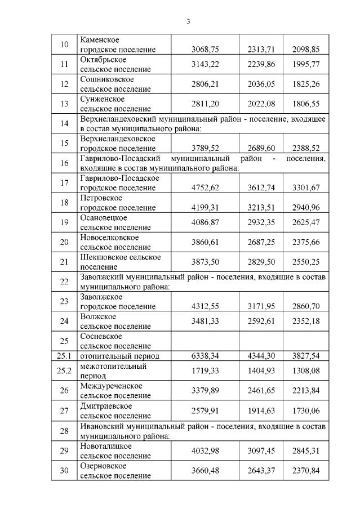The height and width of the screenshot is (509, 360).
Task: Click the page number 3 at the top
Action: [x=188, y=22]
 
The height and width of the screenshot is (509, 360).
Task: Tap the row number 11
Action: [x=64, y=64]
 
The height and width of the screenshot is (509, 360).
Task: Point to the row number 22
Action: [x=64, y=282]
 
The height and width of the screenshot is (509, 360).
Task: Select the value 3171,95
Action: [x=261, y=306]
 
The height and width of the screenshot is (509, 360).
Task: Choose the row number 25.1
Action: [x=64, y=356]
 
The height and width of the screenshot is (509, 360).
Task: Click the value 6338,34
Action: [x=205, y=356]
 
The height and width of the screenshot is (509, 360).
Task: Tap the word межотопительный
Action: [x=113, y=366]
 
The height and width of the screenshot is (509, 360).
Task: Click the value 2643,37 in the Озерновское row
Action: [x=261, y=471]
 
